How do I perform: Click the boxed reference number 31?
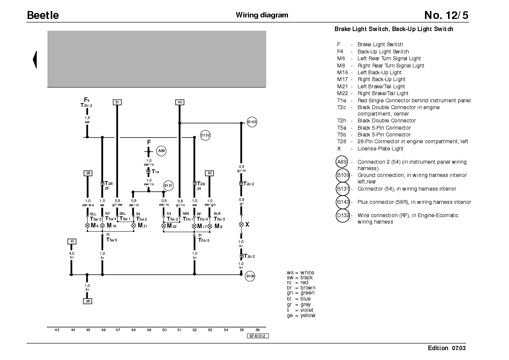117,102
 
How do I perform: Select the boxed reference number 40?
180,102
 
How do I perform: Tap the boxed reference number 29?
88,173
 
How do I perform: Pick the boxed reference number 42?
209,173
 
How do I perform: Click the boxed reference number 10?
72,241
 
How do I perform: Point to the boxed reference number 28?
87,301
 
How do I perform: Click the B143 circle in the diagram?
252,122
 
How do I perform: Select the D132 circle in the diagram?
205,135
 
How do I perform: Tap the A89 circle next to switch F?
161,151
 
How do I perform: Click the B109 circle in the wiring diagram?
250,276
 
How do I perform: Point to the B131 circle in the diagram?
168,186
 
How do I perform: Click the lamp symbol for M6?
87,225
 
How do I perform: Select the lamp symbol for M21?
134,225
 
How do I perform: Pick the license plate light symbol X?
241,225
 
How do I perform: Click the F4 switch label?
87,100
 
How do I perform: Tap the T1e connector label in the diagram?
156,172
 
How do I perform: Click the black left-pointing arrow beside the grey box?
34,59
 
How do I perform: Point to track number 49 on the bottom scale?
149,330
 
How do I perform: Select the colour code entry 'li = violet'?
300,310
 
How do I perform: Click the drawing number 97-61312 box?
258,336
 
